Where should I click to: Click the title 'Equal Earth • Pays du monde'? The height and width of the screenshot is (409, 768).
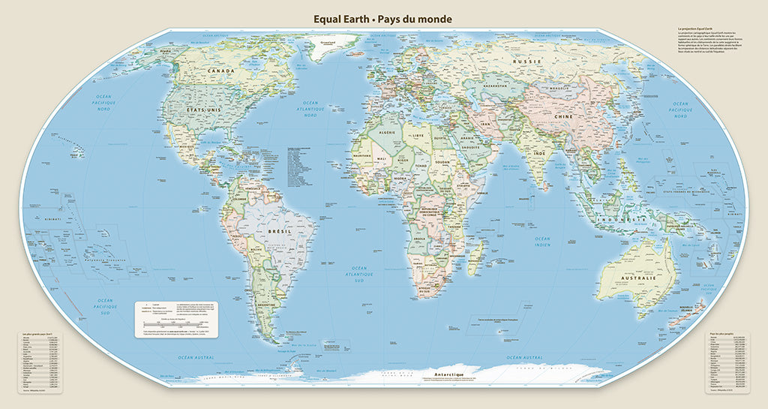coord(382,18)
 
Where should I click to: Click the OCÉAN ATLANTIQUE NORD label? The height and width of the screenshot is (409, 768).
coord(310,109)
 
